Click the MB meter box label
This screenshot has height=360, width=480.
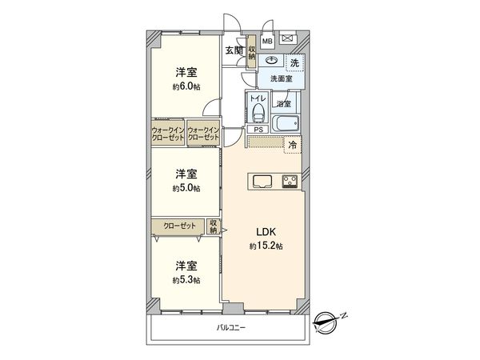click(267, 41)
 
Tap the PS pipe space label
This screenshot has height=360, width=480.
click(258, 130)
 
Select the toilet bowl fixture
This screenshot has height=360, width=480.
click(258, 112)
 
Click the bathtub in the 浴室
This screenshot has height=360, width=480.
click(285, 124)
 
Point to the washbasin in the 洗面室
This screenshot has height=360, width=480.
click(271, 60)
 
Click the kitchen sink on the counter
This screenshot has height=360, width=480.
click(262, 182)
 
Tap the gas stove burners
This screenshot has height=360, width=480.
click(290, 182)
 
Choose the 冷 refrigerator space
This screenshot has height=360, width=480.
click(293, 145)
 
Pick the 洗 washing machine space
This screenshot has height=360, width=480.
click(294, 63)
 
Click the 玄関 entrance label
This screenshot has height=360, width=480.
click(234, 50)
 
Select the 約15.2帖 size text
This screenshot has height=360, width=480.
click(266, 246)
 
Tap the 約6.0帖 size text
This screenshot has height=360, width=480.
click(186, 86)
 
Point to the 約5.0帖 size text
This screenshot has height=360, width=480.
click(186, 188)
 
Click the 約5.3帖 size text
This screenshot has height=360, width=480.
click(186, 280)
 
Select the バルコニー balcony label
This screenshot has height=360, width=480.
click(231, 328)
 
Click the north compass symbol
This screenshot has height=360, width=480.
click(328, 322)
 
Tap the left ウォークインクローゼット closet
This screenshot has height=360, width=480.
click(168, 134)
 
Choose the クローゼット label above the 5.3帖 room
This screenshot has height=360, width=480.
click(179, 226)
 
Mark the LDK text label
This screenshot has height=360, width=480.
click(266, 232)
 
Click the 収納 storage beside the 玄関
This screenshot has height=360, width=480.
click(252, 52)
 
